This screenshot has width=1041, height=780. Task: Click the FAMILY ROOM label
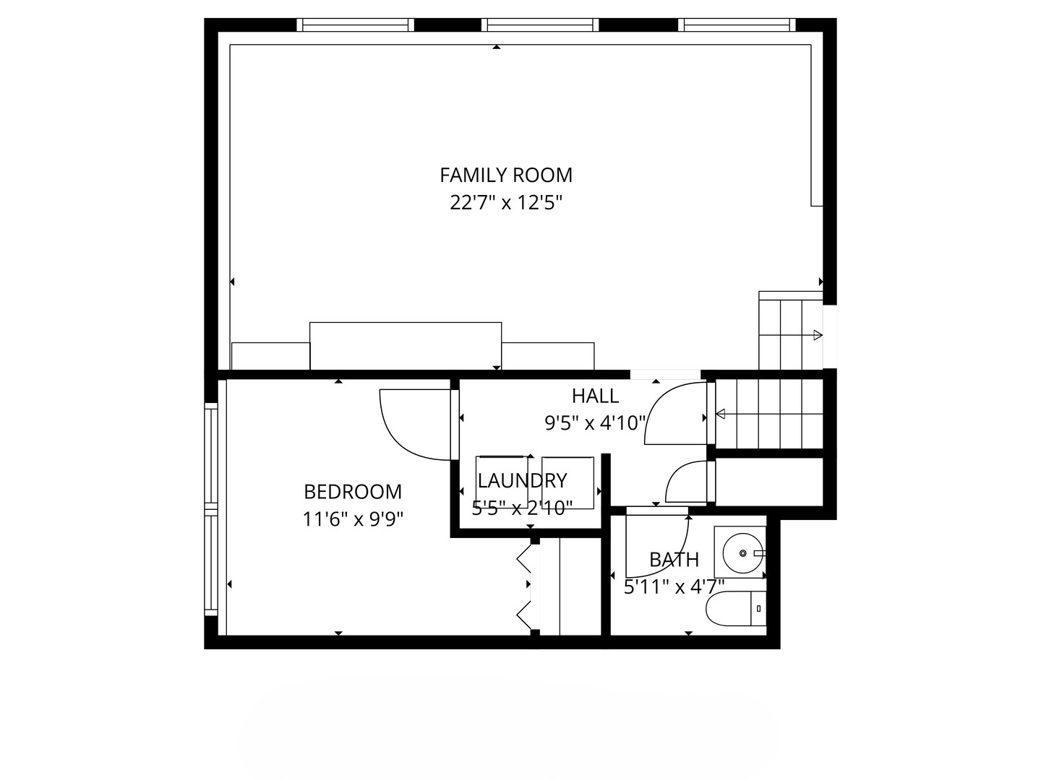(x=506, y=175)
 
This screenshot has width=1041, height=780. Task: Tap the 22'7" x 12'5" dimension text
(x=505, y=203)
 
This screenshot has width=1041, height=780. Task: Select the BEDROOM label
(x=353, y=492)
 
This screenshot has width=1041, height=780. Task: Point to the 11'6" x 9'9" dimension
(x=353, y=520)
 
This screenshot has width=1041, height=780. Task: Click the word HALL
(x=595, y=396)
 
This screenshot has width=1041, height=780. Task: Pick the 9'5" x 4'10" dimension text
(x=595, y=423)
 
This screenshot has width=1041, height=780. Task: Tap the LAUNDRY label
(x=522, y=481)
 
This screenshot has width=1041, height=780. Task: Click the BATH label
(x=674, y=560)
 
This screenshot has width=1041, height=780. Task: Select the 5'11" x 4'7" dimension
(x=674, y=588)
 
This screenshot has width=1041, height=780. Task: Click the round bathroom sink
(x=743, y=553)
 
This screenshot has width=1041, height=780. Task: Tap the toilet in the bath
(x=736, y=609)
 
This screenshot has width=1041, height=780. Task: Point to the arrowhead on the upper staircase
(x=818, y=335)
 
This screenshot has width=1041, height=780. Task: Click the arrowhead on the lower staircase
(x=721, y=415)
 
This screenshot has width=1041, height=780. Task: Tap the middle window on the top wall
(x=540, y=25)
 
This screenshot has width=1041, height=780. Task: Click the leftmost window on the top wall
(x=355, y=25)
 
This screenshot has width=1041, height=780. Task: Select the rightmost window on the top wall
(x=737, y=25)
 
